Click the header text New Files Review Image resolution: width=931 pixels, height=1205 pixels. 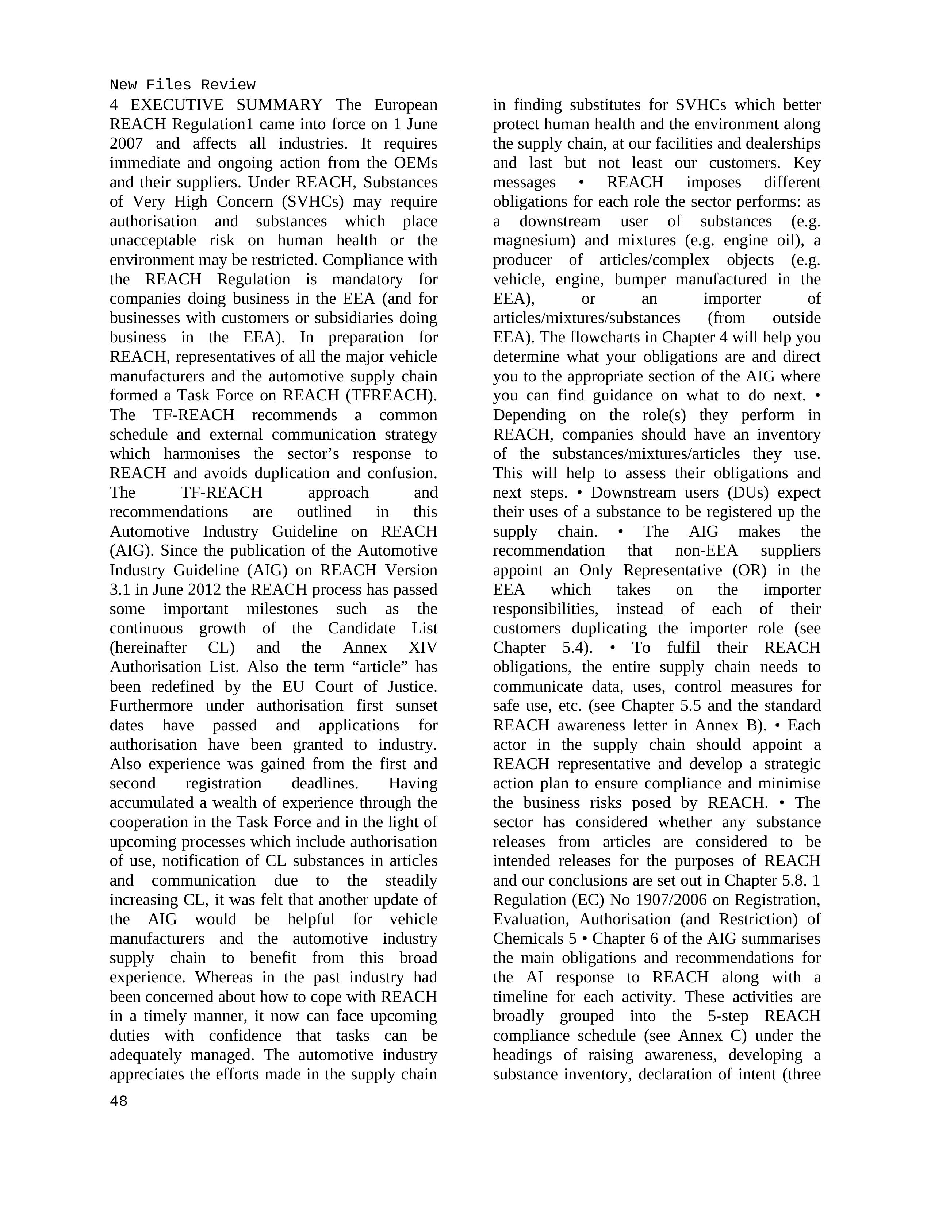point(182,85)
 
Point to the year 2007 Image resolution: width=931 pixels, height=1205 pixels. point(126,143)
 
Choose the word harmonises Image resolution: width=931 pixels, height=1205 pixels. point(202,453)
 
